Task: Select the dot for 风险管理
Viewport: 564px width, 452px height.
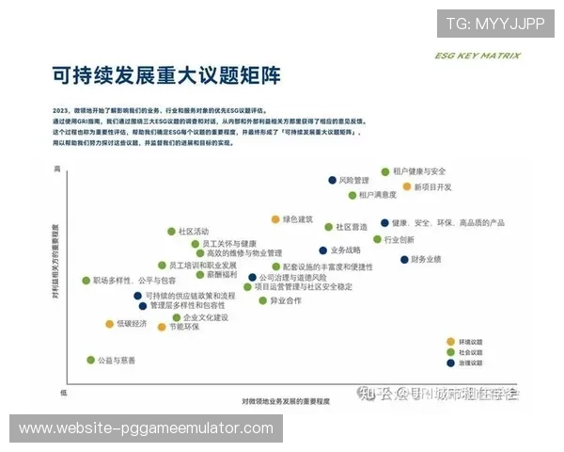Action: point(332,180)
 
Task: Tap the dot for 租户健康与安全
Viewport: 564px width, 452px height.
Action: point(385,172)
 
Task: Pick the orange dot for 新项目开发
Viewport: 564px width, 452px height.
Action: point(407,186)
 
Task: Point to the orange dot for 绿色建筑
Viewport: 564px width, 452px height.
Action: point(275,219)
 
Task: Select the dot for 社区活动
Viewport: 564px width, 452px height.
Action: point(171,231)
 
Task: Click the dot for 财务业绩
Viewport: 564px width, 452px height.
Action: point(404,259)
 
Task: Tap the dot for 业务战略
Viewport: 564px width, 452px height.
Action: point(323,250)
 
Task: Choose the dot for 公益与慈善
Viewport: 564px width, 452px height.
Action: point(90,360)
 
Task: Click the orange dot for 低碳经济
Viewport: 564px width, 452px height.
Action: point(109,324)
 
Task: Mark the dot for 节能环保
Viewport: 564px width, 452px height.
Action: point(162,328)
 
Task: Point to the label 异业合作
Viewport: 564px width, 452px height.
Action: point(286,300)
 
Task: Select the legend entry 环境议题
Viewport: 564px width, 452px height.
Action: point(470,342)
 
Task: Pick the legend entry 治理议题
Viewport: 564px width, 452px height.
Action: point(470,363)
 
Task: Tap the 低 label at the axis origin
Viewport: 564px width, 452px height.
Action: point(64,391)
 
